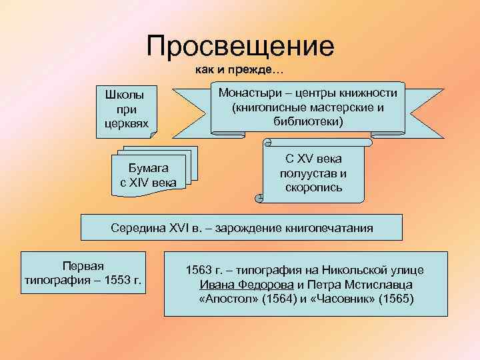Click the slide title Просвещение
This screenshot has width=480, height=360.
coord(240,46)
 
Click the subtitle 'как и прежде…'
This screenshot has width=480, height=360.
coord(239,70)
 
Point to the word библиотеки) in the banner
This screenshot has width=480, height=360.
coord(308,121)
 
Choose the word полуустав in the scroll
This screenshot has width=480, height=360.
coord(313,173)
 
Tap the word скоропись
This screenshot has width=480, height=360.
coord(313,187)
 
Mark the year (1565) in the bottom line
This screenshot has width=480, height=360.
coord(395,299)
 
